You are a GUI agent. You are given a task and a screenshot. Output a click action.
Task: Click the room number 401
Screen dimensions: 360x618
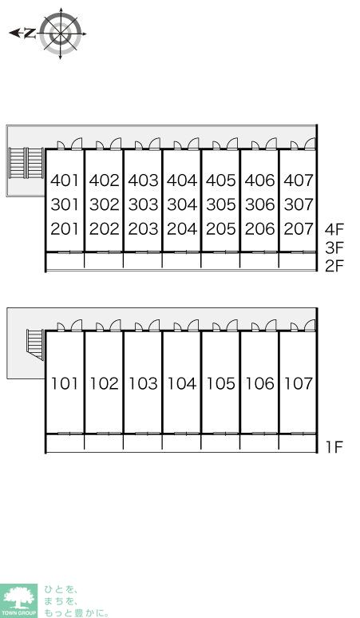[65, 180]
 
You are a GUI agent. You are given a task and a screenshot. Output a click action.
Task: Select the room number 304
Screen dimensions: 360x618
[182, 204]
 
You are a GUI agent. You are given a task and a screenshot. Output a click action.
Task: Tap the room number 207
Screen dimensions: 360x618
[299, 228]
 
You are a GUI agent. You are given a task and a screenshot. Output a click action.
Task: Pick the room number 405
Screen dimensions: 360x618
[221, 180]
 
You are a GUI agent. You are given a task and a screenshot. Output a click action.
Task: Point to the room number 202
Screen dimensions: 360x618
[104, 228]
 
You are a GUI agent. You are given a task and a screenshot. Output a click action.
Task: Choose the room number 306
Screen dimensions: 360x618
[260, 204]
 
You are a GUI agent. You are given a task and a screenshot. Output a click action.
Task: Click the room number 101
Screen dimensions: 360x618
[65, 383]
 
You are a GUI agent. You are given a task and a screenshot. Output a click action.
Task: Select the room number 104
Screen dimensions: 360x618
[182, 383]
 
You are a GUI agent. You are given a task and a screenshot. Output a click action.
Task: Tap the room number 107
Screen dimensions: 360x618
[299, 383]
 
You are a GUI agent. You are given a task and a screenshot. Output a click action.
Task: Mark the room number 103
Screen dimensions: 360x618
[143, 383]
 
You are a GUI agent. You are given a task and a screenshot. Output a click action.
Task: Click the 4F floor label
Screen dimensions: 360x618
[334, 229]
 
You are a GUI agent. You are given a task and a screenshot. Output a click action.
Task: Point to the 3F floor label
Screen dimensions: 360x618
[334, 248]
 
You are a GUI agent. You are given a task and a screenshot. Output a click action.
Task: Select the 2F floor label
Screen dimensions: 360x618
[334, 267]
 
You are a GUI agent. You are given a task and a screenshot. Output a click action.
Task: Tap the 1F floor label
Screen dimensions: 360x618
[334, 447]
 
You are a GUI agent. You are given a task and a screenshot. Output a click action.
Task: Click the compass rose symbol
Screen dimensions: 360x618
[61, 34]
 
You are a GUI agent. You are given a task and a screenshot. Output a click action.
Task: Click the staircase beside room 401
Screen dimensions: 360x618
[26, 163]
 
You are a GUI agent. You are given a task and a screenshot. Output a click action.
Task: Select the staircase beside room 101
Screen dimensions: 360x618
[35, 344]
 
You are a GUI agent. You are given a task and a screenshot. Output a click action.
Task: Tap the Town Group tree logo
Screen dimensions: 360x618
[18, 600]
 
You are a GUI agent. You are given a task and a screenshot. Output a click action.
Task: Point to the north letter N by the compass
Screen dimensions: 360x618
[29, 34]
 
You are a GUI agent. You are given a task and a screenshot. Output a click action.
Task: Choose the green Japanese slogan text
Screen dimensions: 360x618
[76, 601]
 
